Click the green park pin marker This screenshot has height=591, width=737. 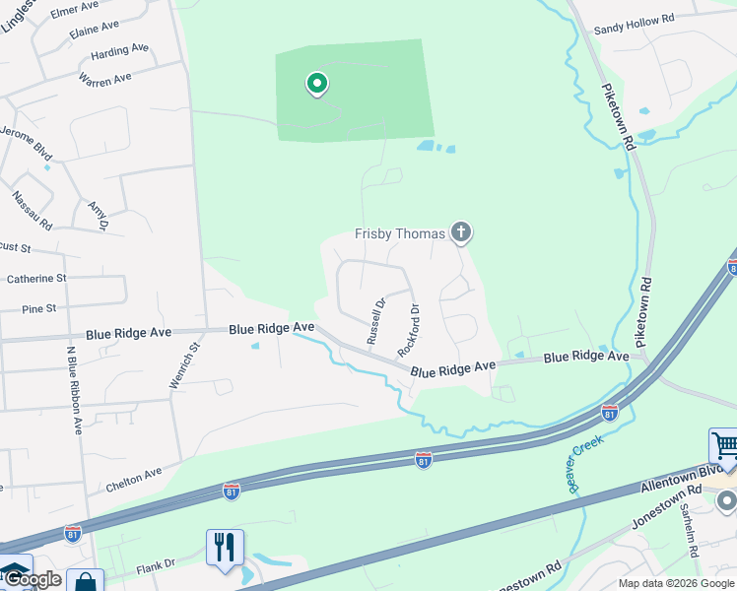(x=316, y=85)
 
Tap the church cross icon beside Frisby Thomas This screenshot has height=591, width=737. (x=460, y=233)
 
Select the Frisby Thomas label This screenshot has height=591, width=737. (x=400, y=234)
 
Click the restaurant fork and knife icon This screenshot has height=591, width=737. (x=225, y=546)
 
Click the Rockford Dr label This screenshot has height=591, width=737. (x=408, y=330)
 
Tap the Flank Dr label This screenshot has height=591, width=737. (x=156, y=564)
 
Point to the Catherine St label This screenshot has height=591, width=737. (x=35, y=279)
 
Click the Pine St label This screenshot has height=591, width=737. (x=39, y=309)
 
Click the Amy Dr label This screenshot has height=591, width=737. (x=97, y=215)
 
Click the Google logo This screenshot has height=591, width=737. (x=33, y=580)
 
